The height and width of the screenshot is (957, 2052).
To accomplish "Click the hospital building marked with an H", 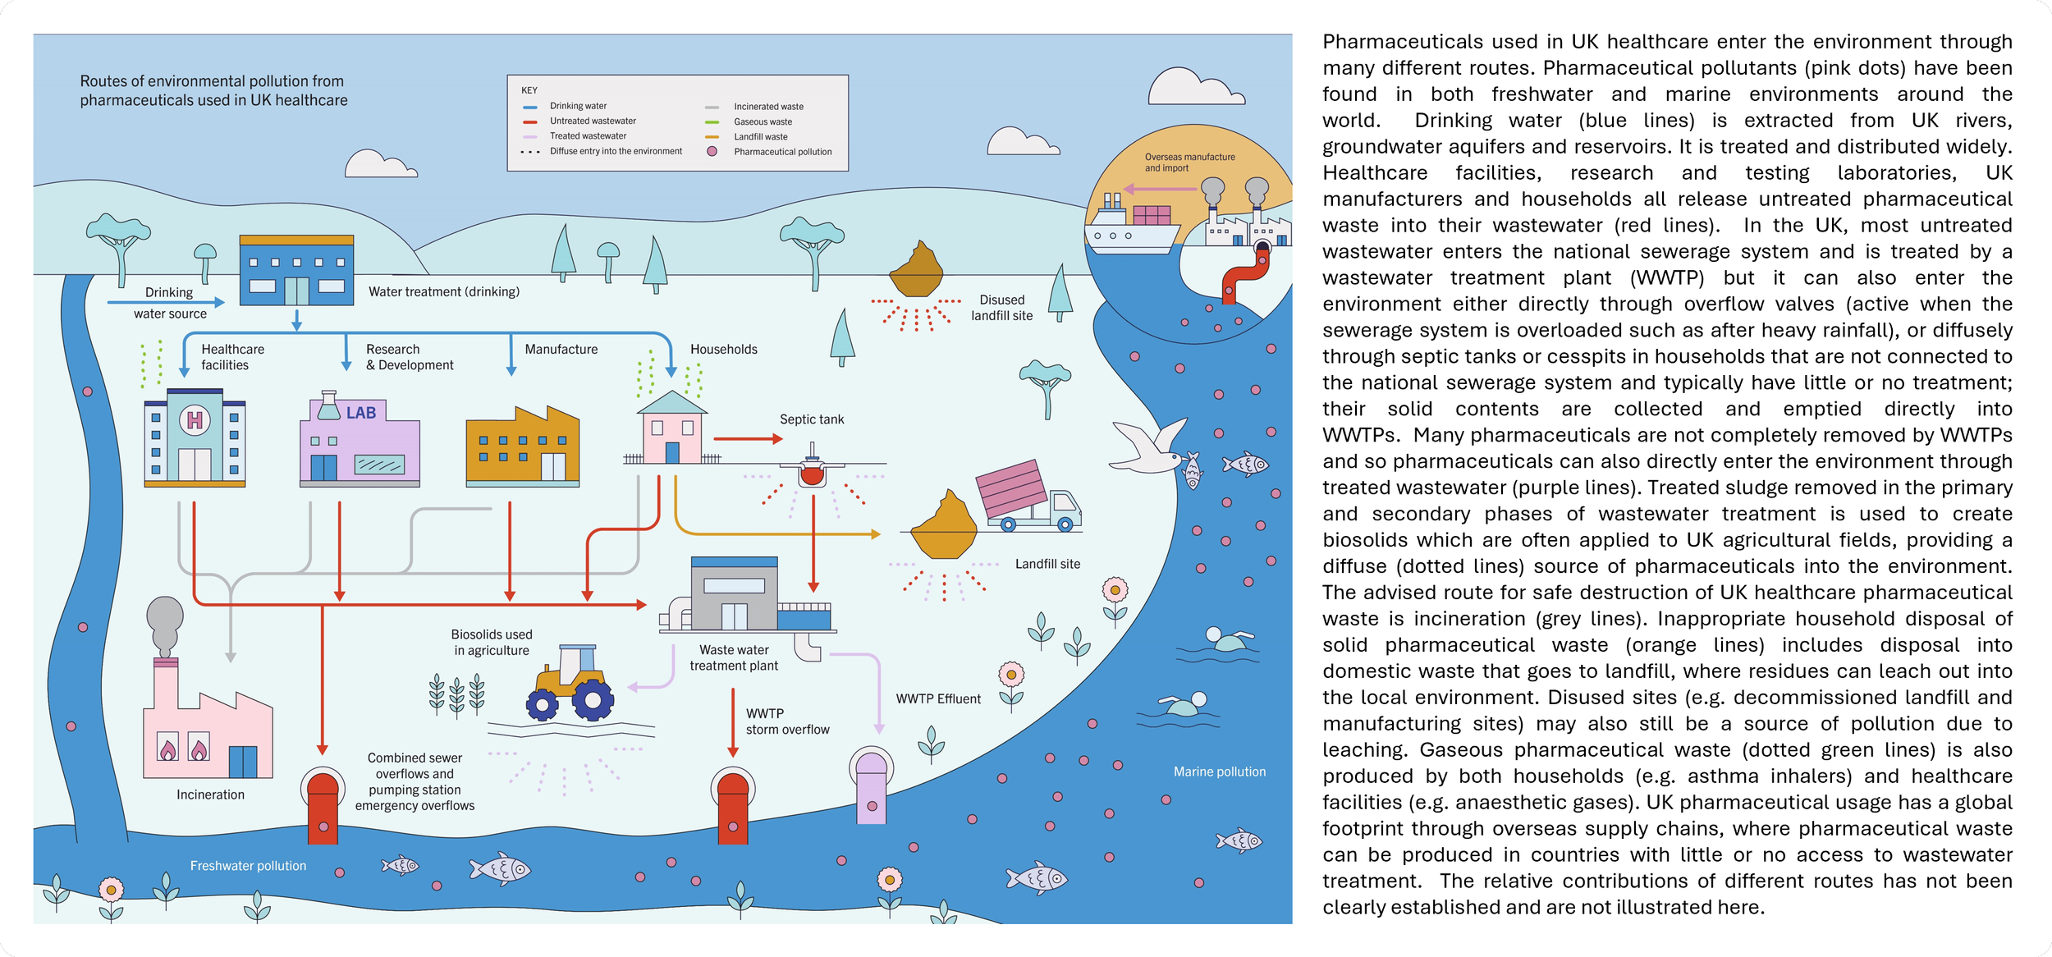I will (195, 439).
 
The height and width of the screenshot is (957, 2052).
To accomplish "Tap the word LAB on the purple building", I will (361, 413).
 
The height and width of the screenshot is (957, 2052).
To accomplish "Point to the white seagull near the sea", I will (1147, 447).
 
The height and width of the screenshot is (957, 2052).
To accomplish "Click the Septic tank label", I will (811, 419).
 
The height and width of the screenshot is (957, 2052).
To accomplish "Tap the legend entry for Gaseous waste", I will (763, 121).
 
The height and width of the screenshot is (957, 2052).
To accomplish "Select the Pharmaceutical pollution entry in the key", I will (782, 152).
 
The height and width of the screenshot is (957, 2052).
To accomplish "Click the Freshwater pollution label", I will (248, 866).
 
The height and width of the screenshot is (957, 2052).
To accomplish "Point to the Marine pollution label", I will (1219, 772).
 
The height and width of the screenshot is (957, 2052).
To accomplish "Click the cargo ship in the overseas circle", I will (1132, 226).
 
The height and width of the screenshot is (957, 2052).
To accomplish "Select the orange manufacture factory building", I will (522, 447).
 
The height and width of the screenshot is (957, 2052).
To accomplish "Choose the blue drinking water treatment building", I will (296, 271).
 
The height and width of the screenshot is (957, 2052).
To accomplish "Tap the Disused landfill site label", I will (1001, 308).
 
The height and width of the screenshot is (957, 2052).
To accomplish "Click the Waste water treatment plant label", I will (734, 657).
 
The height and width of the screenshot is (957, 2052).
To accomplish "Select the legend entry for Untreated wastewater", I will (592, 121).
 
